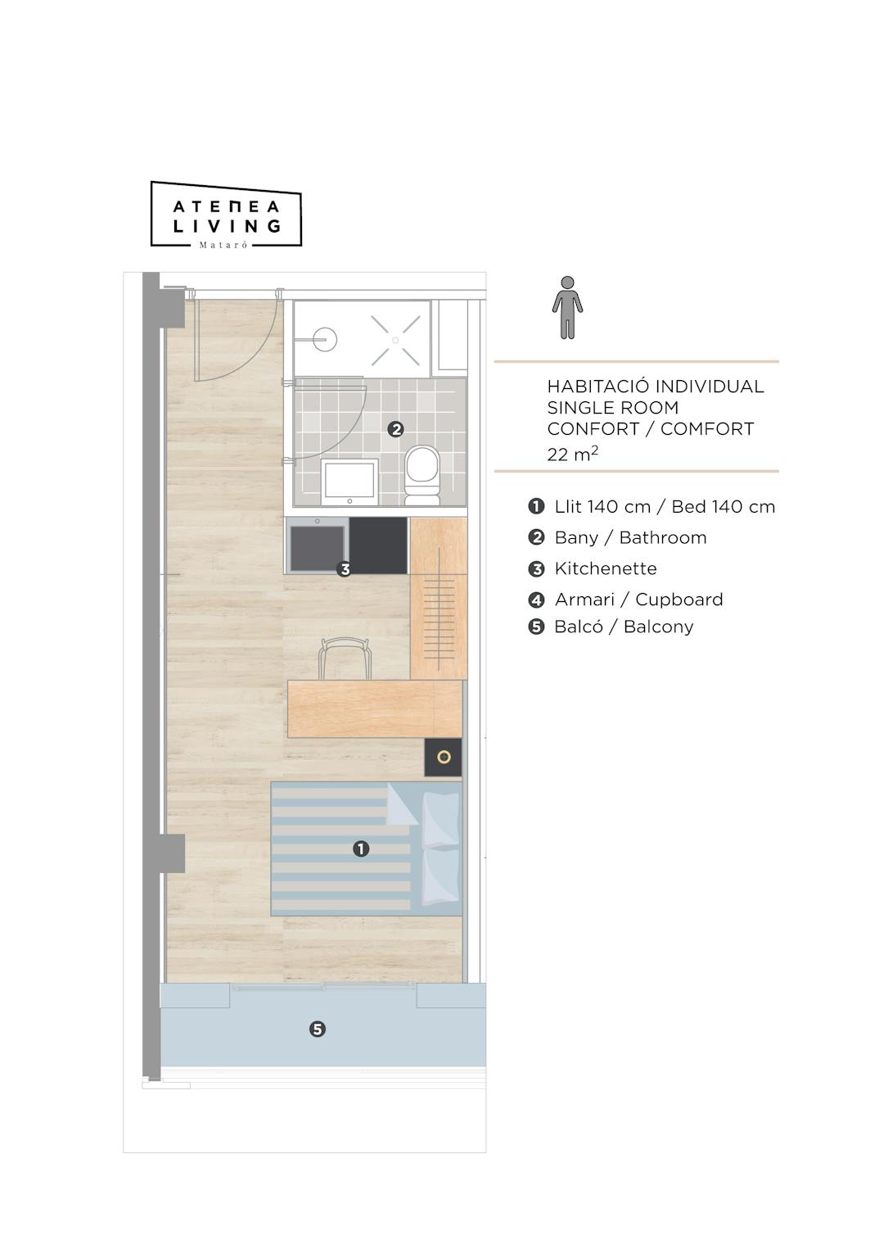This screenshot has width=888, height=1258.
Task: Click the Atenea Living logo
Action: pos(226,215)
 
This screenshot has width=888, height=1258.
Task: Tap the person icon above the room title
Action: pos(567,307)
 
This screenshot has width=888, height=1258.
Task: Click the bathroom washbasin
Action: pos(349,482)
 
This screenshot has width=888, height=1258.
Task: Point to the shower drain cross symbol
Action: pos(395,341)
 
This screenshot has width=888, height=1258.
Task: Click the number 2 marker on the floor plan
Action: pos(396,430)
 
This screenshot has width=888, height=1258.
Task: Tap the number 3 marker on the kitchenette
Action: pos(345,569)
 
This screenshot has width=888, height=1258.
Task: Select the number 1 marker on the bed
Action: pos(361,848)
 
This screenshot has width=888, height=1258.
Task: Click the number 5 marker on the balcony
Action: pos(318,1029)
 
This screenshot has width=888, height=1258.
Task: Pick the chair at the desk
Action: pos(345,658)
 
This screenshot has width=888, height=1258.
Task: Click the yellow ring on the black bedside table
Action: pos(444,757)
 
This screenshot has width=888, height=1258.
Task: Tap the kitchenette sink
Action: pos(318,545)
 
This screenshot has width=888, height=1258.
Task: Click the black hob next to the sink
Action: pos(378,545)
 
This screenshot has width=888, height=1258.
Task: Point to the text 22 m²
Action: pos(573,453)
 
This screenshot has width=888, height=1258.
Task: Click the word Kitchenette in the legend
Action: pos(606,568)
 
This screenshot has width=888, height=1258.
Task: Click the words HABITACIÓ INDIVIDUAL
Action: pos(656,387)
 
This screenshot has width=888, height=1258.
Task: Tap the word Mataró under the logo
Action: pos(223,245)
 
